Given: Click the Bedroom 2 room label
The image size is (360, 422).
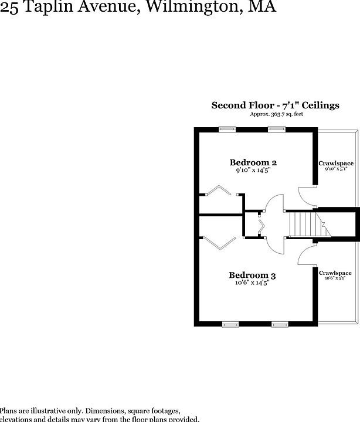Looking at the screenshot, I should click(253, 162).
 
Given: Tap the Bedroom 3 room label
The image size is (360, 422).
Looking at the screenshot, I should click(252, 275).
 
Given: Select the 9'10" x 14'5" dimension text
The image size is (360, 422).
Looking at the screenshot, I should click(253, 171).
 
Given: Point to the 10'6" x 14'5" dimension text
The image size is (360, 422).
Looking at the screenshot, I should click(252, 283).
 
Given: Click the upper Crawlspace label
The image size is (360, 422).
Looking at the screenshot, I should click(336, 163).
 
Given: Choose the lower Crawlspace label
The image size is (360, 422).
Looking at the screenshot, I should click(336, 273).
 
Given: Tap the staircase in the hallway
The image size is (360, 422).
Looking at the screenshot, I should click(300, 224).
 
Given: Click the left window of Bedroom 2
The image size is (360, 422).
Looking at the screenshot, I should click(226, 130).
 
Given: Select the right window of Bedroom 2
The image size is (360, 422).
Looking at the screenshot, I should click(276, 130).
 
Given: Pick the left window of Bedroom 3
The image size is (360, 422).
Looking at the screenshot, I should click(230, 324).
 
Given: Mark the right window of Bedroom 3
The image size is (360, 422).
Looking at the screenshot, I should click(280, 324).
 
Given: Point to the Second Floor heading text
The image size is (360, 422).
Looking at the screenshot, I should click(275, 105).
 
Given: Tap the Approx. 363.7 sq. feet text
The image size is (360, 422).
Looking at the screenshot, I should click(277, 114).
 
